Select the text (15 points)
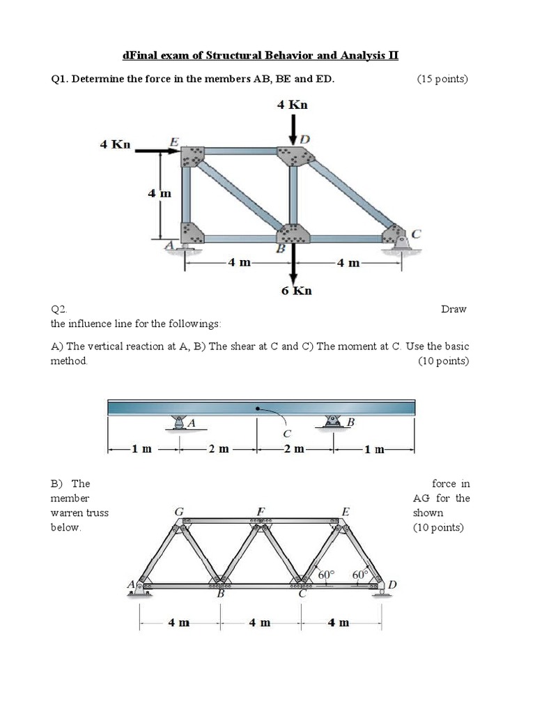tap(442, 79)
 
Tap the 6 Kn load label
tap(296, 291)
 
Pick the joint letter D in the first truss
tap(304, 139)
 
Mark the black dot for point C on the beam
tap(259, 407)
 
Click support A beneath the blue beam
tap(180, 423)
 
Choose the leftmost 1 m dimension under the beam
tap(141, 449)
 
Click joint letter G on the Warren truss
tap(179, 511)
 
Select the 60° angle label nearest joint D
tap(360, 574)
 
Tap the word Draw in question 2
tap(453, 309)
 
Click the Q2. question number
tap(59, 309)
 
